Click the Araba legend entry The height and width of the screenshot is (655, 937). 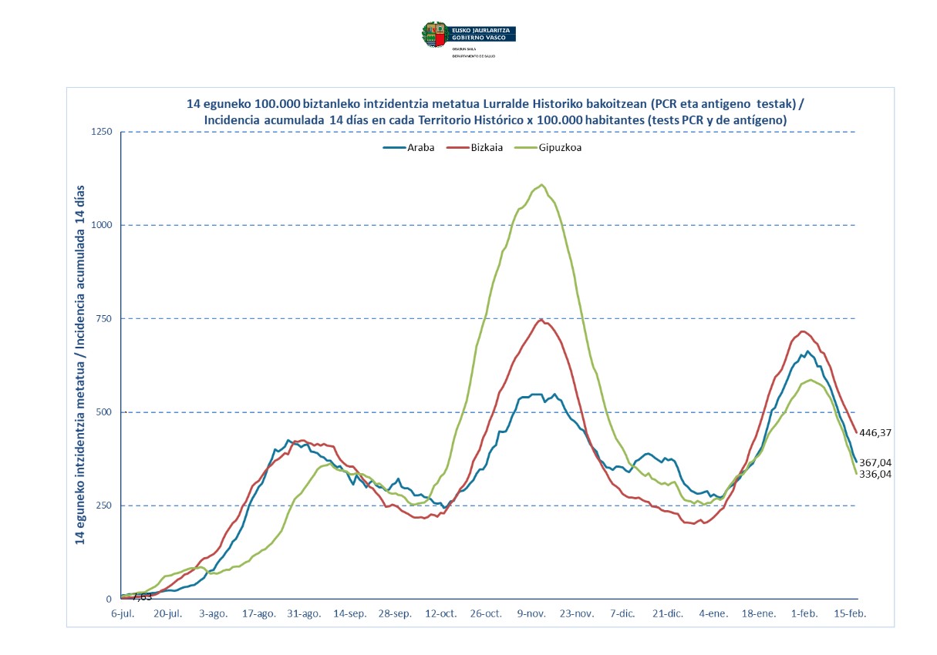pos(409,149)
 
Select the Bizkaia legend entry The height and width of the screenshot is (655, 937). pos(480,149)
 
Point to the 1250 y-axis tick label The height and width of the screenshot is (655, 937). pos(102,132)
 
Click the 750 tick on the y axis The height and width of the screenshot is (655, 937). pos(104,319)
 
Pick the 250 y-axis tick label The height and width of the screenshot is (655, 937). pos(104,506)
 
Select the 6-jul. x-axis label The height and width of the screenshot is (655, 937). pos(123,613)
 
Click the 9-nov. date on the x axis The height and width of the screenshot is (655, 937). pos(532,613)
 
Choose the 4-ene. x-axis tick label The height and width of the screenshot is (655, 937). pos(714,613)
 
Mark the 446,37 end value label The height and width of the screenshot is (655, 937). pos(875,433)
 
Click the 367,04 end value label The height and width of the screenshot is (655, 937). pos(875,462)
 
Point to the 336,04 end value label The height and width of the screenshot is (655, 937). pos(875,475)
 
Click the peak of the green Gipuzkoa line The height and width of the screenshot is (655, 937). pos(541,185)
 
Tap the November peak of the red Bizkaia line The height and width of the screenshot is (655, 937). pos(541,320)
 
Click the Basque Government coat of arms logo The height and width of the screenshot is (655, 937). pos(433,34)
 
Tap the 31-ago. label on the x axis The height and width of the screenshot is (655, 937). pos(305,613)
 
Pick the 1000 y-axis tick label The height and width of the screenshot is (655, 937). pos(102,225)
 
